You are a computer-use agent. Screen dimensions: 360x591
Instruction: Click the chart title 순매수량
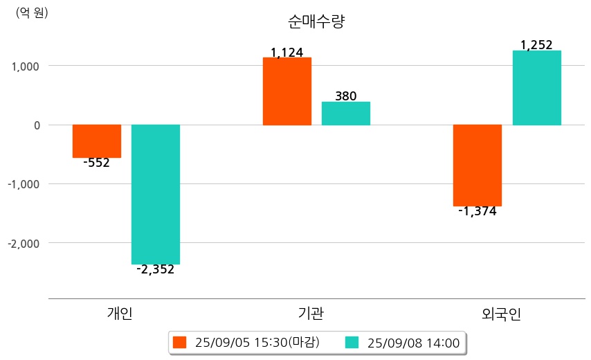[316, 22]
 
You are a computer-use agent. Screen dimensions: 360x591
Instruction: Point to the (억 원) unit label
[32, 12]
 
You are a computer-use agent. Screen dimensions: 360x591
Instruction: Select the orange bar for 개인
[97, 141]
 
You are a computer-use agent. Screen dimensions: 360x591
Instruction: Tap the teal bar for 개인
[156, 194]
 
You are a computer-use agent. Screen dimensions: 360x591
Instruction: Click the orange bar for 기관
[287, 91]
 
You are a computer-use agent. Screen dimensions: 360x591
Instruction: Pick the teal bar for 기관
[346, 114]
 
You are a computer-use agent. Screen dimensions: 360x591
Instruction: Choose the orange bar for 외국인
[478, 165]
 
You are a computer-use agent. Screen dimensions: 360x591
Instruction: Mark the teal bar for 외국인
[536, 88]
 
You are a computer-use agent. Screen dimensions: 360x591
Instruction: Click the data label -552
[96, 163]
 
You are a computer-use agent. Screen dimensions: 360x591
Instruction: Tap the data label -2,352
[156, 270]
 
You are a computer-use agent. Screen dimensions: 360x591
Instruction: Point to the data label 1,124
[287, 52]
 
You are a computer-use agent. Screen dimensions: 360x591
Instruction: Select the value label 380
[346, 96]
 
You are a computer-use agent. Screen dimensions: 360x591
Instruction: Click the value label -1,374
[478, 212]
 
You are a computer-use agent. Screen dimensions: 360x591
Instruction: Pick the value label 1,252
[536, 45]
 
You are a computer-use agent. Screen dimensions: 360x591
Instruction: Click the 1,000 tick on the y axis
[26, 66]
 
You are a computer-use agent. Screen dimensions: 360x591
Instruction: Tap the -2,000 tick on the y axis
[24, 244]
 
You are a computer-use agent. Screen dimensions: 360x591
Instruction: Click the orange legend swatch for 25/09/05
[180, 342]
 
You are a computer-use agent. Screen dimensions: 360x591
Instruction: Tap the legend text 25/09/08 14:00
[414, 342]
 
